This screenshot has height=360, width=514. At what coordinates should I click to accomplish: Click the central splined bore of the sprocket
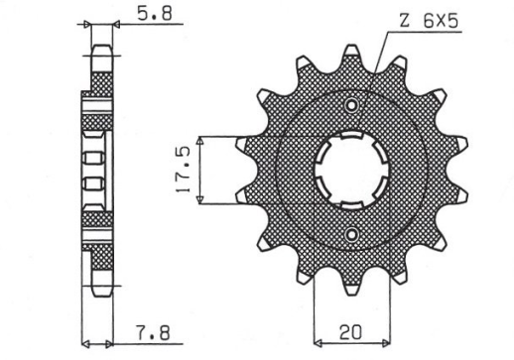(348, 170)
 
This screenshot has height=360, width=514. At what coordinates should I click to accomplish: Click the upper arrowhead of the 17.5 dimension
(200, 139)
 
